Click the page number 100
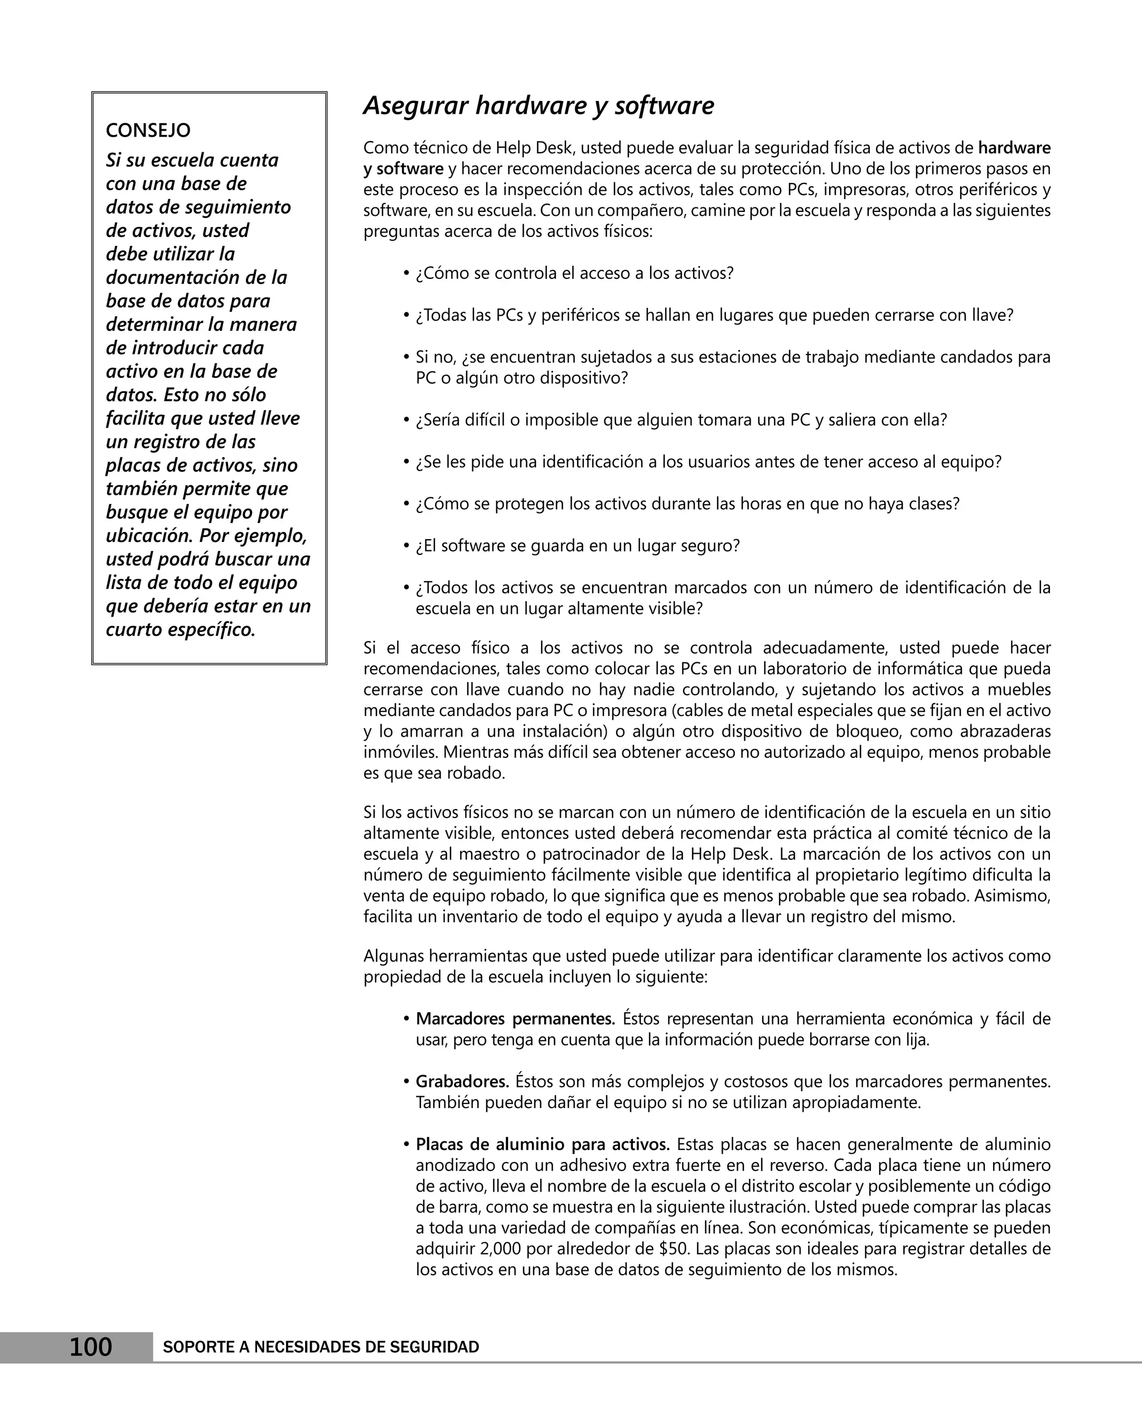tap(91, 1346)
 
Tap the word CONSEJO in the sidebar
tap(148, 130)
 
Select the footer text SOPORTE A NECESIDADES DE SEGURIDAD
tap(321, 1347)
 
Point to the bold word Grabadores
tap(462, 1081)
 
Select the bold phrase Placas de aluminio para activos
tap(543, 1144)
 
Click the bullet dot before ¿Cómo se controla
tap(407, 273)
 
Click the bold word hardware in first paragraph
tap(1014, 147)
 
